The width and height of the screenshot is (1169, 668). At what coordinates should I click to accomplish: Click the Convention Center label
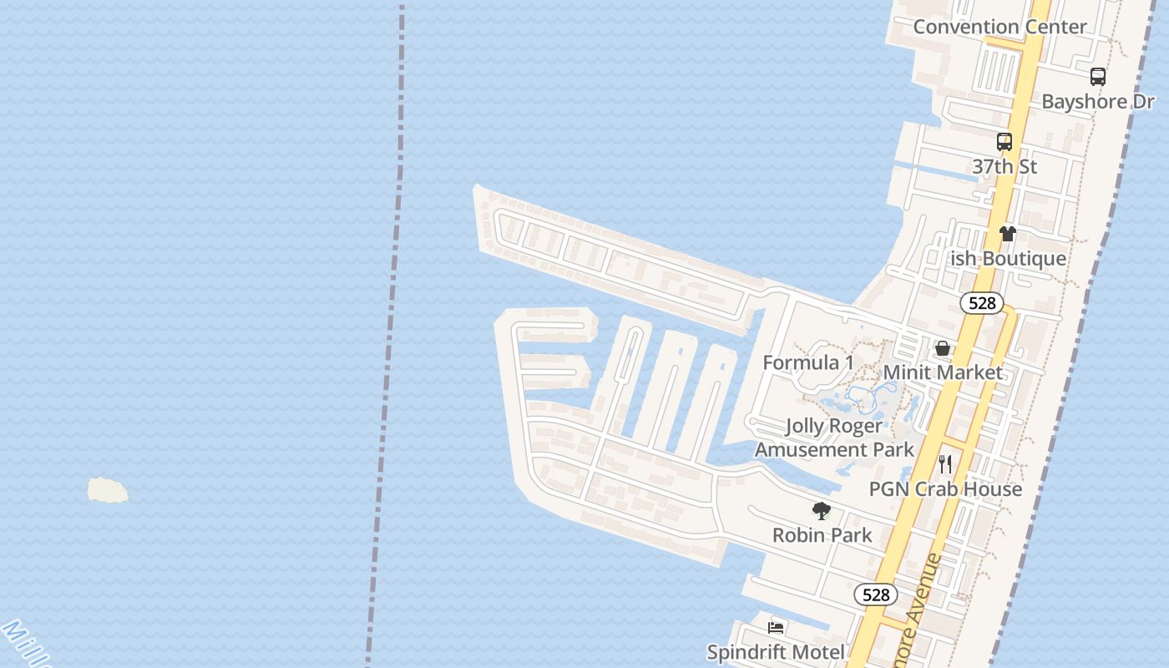(999, 27)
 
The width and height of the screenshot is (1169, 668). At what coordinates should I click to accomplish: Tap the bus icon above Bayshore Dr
(1098, 77)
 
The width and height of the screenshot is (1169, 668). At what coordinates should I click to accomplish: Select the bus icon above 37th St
(1005, 142)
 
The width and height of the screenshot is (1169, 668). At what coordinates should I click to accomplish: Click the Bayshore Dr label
(1097, 102)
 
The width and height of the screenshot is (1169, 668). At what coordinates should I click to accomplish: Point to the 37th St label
(1005, 167)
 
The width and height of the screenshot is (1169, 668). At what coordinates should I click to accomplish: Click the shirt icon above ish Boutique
(1008, 234)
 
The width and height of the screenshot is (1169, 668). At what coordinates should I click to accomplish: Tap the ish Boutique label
(1009, 259)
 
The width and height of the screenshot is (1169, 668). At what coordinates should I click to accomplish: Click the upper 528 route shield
(982, 303)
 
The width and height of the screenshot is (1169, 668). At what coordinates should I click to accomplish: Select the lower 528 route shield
(875, 595)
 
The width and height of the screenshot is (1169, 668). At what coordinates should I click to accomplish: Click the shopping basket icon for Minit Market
(943, 348)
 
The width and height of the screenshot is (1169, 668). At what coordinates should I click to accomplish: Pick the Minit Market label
(943, 372)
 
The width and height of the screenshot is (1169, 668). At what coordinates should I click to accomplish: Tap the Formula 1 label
(808, 362)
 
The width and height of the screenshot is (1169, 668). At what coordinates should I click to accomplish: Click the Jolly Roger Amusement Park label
(834, 438)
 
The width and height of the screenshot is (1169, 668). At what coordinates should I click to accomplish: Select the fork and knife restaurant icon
(945, 464)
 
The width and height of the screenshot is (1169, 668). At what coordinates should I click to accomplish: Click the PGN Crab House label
(945, 489)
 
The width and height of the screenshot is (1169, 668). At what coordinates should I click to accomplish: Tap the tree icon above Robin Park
(822, 511)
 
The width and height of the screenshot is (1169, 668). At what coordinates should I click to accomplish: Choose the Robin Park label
(822, 535)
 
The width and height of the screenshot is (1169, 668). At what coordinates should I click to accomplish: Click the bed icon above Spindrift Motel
(776, 628)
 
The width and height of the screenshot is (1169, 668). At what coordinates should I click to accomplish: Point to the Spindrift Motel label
(776, 652)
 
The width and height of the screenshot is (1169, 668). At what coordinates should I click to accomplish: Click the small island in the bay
(108, 490)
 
